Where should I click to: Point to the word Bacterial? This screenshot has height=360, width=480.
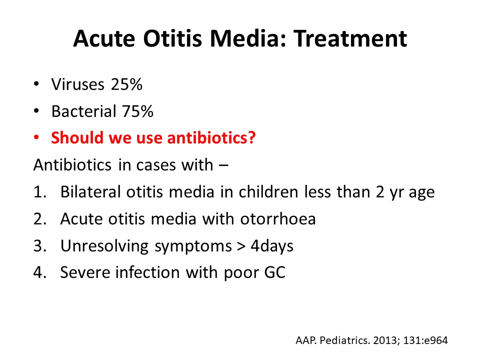point(82,111)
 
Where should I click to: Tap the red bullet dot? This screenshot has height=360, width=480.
point(36,137)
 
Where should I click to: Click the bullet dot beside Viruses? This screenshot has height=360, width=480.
point(36,84)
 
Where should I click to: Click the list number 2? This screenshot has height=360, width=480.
point(39,219)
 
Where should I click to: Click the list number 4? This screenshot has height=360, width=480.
point(39,273)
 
